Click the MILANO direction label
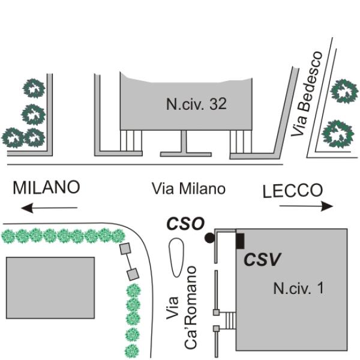pos(46,187)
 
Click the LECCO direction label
pos(293,190)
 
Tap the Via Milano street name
pos(188,189)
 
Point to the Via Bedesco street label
pos(307,94)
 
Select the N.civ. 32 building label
pos(197,104)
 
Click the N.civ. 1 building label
pos(298,288)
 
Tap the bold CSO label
pos(185,223)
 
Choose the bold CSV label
pos(262,260)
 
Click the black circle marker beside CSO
pos(209,238)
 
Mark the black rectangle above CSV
pos(240,241)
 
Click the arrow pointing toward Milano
pos(49,208)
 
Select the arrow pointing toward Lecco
pos(306,206)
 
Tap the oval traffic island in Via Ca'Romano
pos(176,257)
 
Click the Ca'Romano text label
pos(190,308)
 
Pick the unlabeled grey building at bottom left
pos(50,287)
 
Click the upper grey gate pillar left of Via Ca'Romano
pos(125,249)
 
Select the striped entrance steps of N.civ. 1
pos(230,320)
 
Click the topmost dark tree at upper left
pos(34,88)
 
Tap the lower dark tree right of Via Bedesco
pos(337,134)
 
